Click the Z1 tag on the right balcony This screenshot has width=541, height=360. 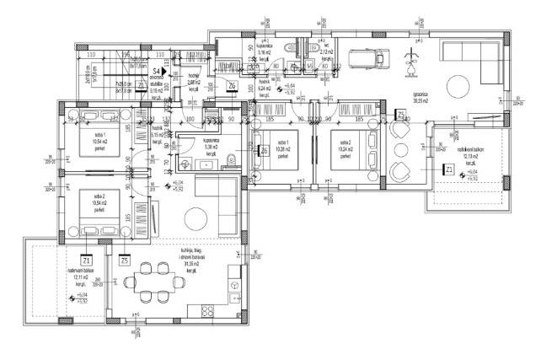pyautogui.click(x=450, y=169)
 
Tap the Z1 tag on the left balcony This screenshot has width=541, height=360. pyautogui.click(x=85, y=259)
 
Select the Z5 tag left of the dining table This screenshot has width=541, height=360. pyautogui.click(x=125, y=259)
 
